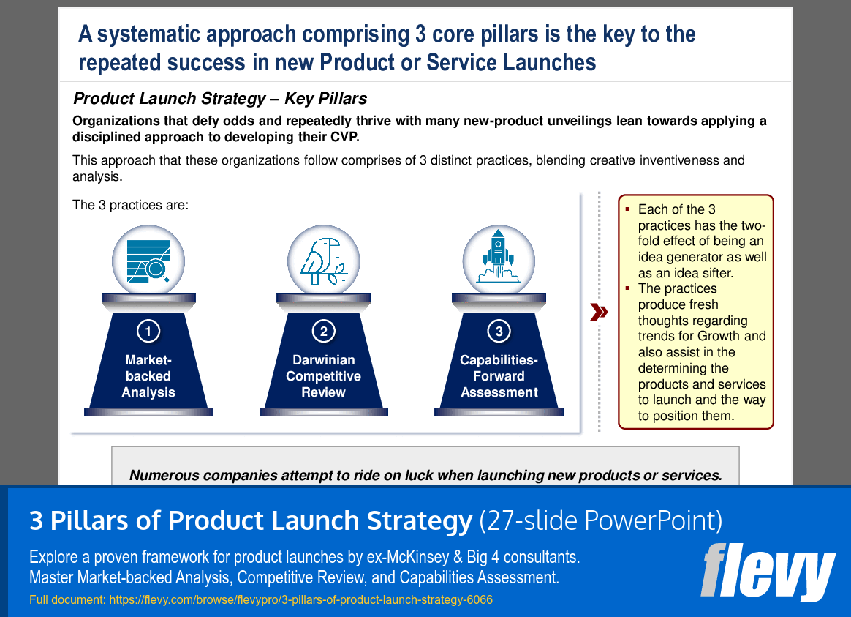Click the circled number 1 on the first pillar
pos(148,332)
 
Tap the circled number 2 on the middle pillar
pos(323,332)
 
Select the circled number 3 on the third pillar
pos(499,332)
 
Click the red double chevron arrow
pos(599,313)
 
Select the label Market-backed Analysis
pos(148,376)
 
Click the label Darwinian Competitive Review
pos(323,376)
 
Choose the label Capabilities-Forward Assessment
pos(499,376)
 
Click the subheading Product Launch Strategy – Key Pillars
pos(220,99)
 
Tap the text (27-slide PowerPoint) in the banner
pos(600,520)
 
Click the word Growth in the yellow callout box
pos(719,337)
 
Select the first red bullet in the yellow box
pos(627,209)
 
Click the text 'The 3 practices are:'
pos(131,205)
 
